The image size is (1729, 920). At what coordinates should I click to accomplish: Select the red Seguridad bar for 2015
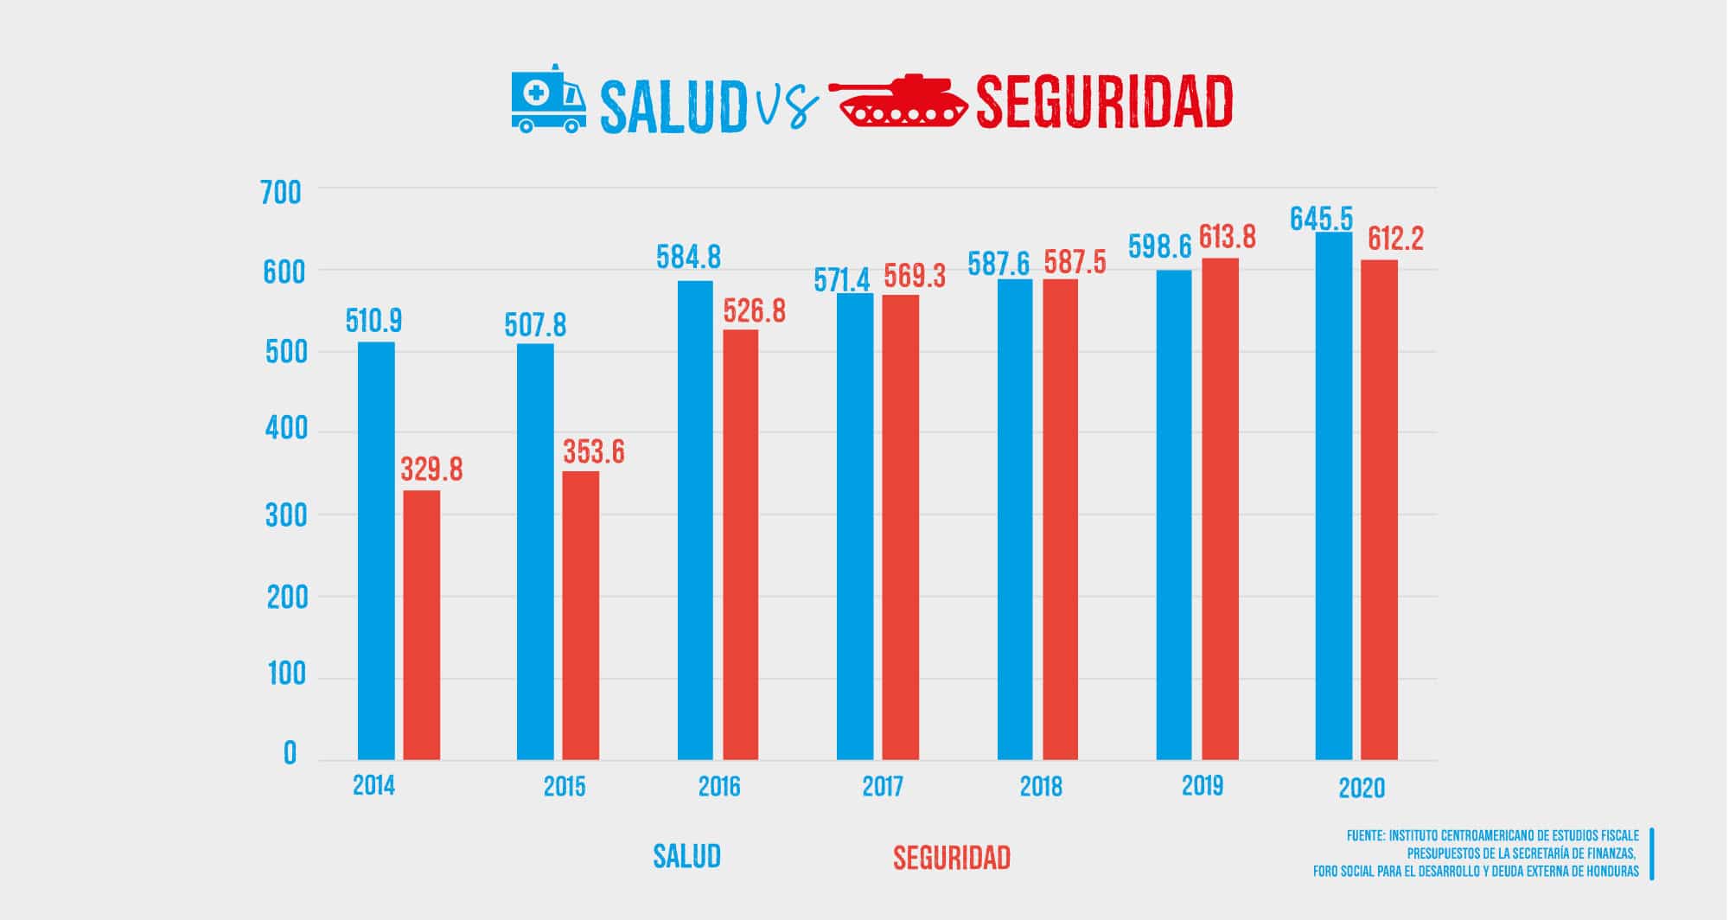(580, 615)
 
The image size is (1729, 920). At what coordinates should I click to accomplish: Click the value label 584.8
(688, 258)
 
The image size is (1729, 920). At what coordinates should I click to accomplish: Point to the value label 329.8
(431, 470)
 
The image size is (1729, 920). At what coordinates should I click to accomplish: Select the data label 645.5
(1321, 219)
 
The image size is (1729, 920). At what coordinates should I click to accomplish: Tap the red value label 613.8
(1227, 237)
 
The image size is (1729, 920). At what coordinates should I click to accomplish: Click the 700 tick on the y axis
(281, 193)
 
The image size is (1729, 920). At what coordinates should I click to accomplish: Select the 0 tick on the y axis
(290, 754)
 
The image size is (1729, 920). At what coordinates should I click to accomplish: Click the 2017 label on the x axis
(882, 787)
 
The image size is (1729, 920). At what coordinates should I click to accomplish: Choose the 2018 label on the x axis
(1041, 787)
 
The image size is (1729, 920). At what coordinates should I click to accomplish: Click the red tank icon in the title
(898, 101)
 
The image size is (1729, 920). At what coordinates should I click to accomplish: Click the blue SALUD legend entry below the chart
(686, 856)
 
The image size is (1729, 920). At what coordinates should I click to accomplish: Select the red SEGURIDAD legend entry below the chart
(951, 858)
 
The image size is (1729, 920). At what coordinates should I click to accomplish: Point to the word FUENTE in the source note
(1365, 836)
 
